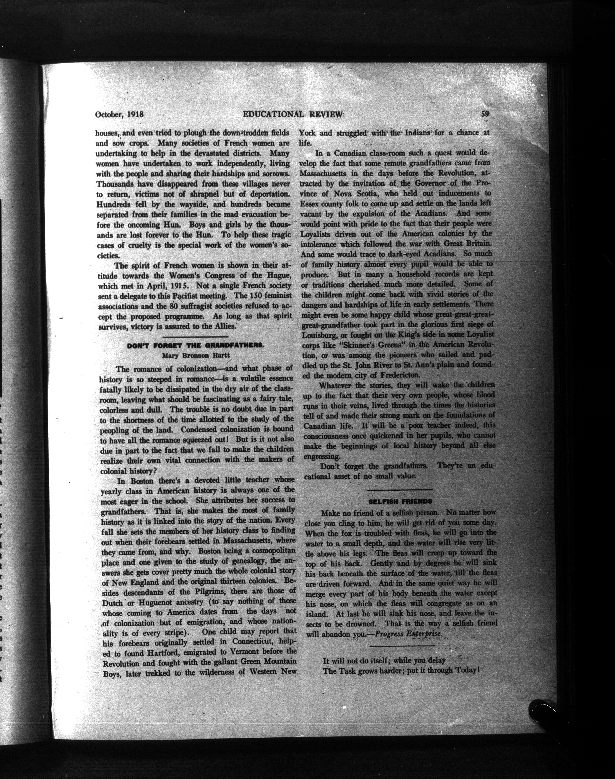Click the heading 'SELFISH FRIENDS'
coord(400,501)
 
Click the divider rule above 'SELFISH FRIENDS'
coord(400,490)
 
